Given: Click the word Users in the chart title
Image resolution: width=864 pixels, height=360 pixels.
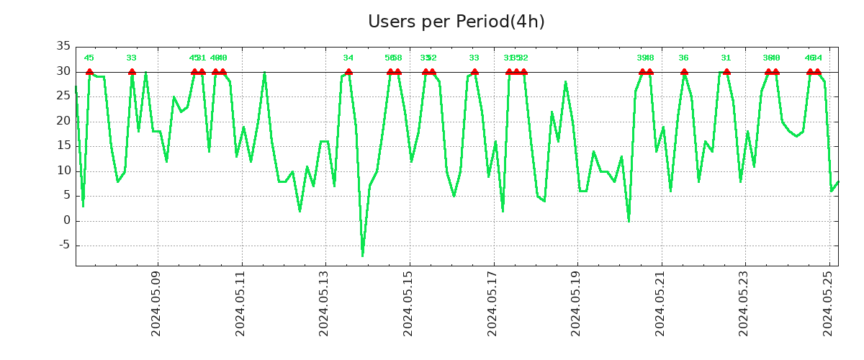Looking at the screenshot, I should (x=392, y=22).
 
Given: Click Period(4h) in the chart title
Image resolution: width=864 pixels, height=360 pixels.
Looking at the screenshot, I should (x=500, y=22).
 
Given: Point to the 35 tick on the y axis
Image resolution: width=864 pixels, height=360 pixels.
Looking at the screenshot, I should (x=63, y=46).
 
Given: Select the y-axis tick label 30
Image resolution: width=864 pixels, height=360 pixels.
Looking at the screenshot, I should (x=63, y=71).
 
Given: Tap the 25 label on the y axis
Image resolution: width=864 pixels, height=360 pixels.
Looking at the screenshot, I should (x=63, y=96).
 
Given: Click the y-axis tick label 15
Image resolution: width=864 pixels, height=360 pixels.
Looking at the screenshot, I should (x=63, y=145).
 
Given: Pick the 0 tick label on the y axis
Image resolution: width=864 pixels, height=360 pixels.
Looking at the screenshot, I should (x=67, y=220).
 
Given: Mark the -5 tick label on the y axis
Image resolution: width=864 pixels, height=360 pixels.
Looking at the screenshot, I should (x=63, y=246).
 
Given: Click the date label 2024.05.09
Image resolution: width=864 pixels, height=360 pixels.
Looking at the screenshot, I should (x=156, y=303).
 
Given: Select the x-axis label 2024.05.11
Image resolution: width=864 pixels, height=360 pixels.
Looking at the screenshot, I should (x=240, y=303).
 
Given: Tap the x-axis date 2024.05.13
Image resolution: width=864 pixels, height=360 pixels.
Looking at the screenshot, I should (x=324, y=303).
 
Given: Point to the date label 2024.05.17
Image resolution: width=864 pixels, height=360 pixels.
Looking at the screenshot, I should (x=492, y=303).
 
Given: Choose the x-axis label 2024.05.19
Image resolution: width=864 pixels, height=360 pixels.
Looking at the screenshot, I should (x=576, y=303).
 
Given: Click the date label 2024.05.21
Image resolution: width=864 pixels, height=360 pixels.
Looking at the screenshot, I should (x=660, y=303).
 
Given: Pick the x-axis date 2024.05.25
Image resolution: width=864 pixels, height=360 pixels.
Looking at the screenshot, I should (x=828, y=303).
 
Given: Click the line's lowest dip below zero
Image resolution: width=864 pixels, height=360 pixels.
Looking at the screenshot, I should (x=362, y=255).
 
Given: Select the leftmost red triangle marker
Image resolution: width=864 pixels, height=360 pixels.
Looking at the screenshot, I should (x=89, y=71).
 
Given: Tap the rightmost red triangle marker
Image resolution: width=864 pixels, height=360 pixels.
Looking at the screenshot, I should (x=817, y=71).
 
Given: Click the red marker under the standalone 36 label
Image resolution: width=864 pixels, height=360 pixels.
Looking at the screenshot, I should (x=684, y=71).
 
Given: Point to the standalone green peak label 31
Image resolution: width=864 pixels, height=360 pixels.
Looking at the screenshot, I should (x=726, y=58).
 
